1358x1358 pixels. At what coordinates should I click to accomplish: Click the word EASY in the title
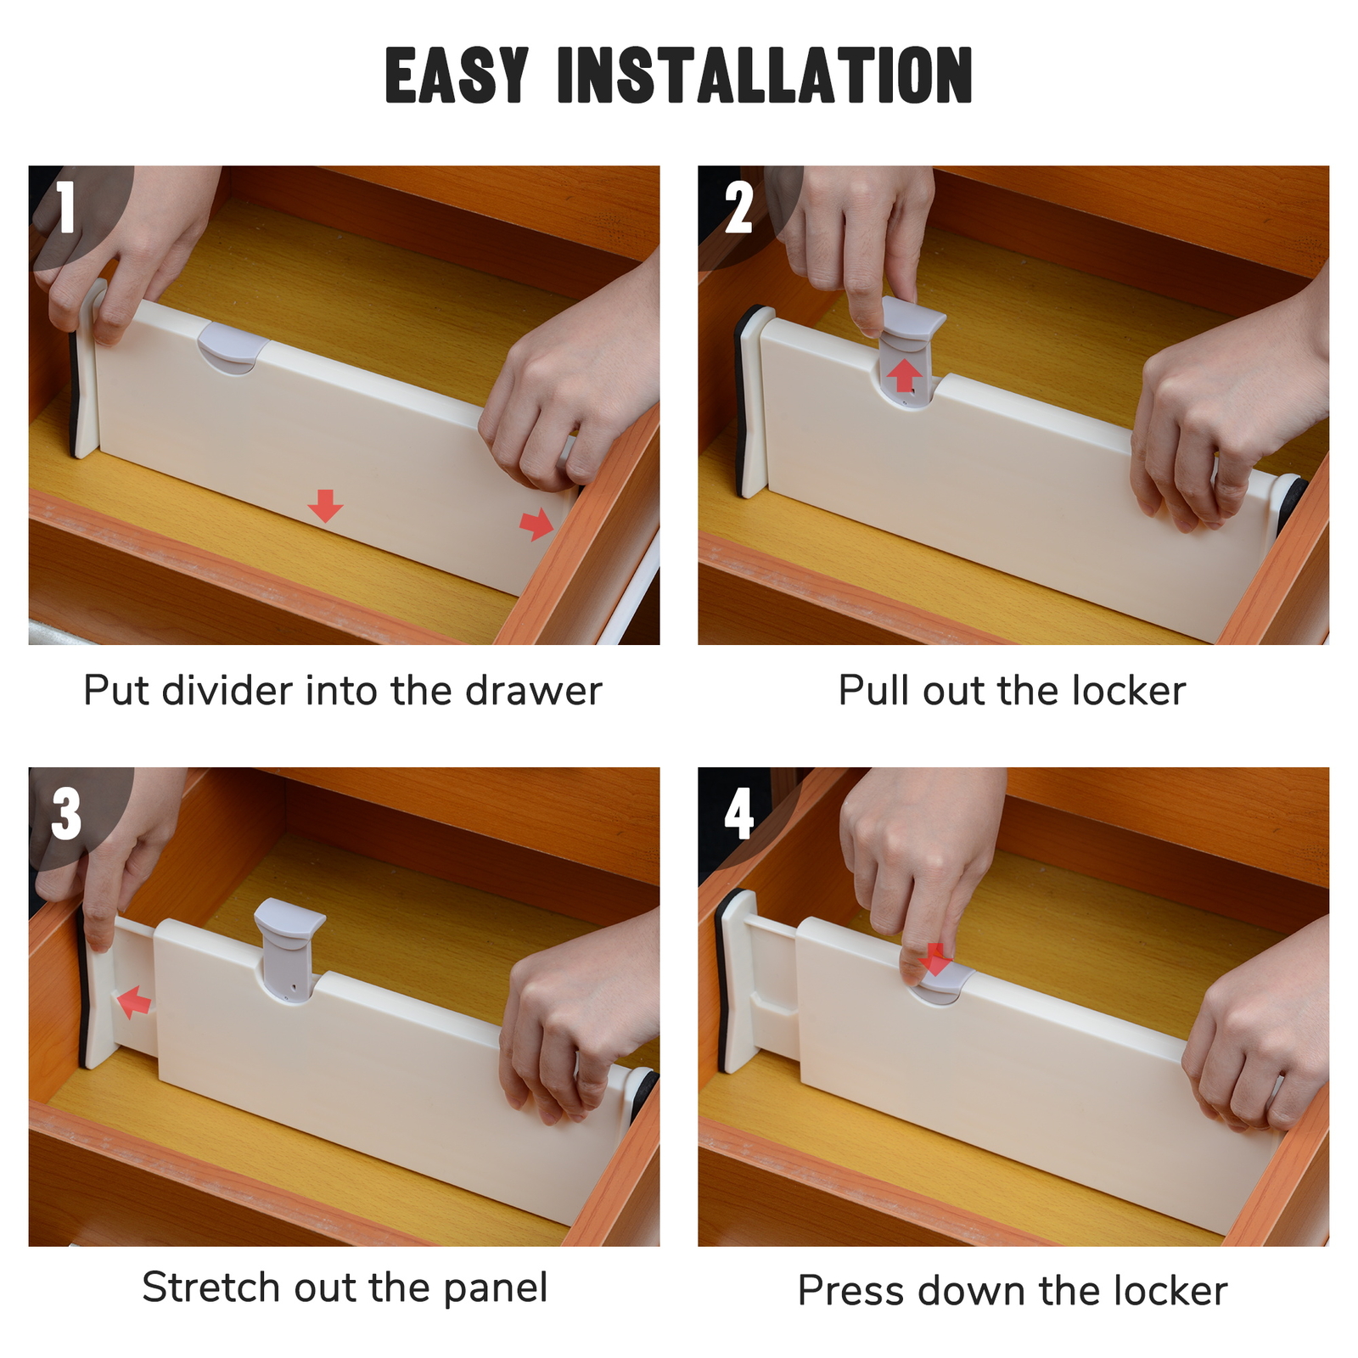tap(457, 76)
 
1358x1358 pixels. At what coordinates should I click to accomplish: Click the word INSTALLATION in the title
tap(764, 76)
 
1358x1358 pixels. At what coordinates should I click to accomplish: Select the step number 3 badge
tap(67, 813)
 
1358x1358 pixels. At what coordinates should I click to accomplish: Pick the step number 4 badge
tap(738, 813)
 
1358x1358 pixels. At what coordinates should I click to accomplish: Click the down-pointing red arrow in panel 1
tap(325, 505)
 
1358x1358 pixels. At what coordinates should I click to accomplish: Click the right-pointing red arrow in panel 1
tap(536, 524)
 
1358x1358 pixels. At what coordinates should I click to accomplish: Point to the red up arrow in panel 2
tap(906, 374)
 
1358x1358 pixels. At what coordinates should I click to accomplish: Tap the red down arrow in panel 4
tap(935, 959)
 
